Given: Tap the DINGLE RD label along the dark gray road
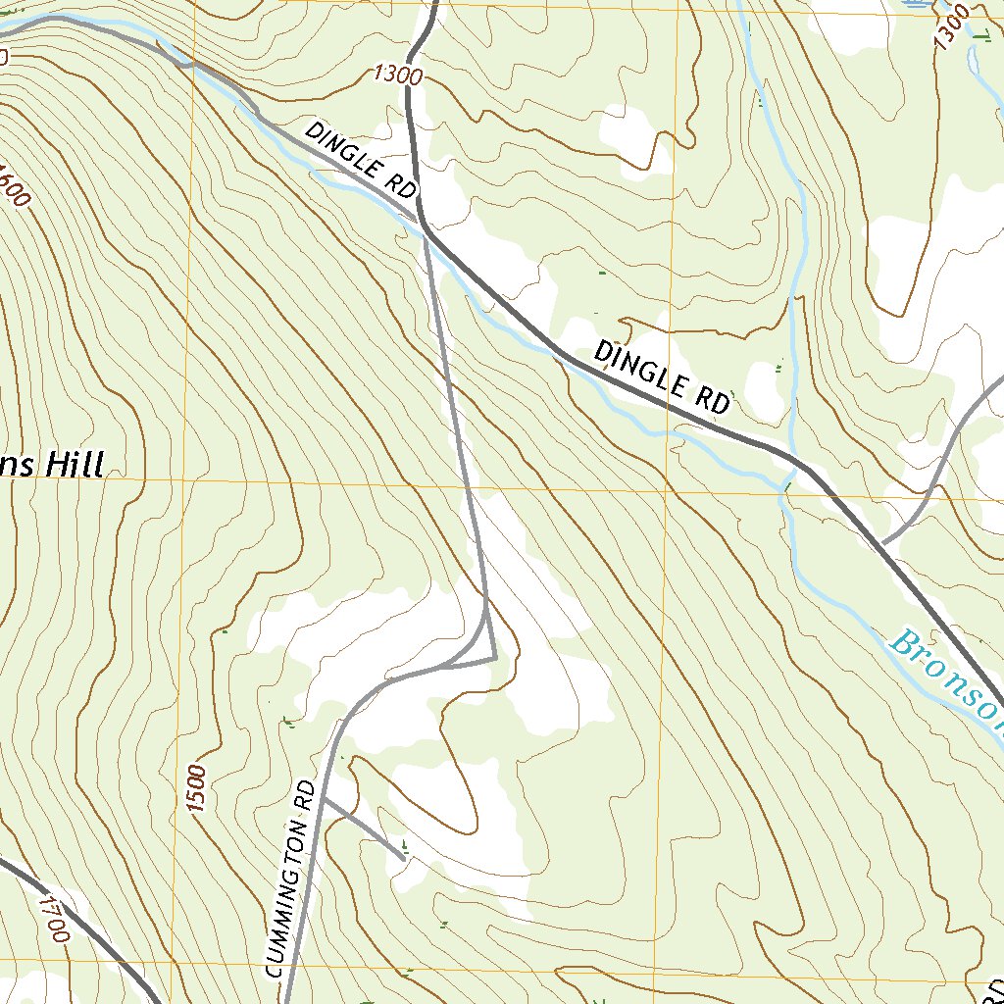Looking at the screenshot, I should point(663,376).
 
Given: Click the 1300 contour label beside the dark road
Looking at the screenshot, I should point(397,75).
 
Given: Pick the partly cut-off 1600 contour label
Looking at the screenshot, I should point(14,184).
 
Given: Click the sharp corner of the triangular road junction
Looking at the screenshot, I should point(495,659).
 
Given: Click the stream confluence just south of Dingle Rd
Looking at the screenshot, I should point(784,486).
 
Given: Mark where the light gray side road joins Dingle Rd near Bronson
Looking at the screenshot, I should point(881,542).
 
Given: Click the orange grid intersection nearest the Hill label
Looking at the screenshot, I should point(183,481).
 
